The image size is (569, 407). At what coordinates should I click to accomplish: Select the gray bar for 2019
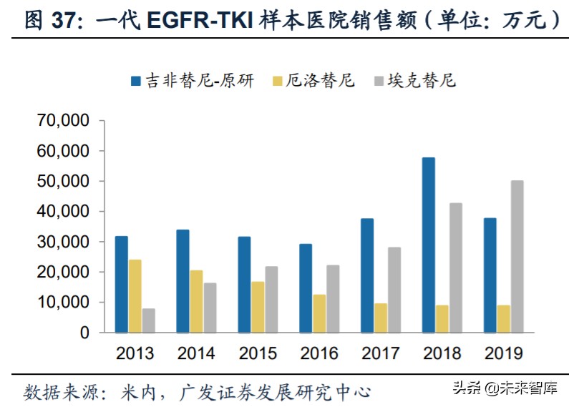[x=516, y=256]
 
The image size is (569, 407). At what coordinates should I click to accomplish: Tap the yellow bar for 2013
[x=135, y=296]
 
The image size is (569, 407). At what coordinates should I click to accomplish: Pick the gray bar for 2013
[x=148, y=320]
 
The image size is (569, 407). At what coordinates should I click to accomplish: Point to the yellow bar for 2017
[x=381, y=318]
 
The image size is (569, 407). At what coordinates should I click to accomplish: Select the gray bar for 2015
[x=271, y=300]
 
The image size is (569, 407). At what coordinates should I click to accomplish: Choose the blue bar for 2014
[x=183, y=281]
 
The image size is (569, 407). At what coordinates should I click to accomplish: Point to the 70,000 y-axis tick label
[x=63, y=121]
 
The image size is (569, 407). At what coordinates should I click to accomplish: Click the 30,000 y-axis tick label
[x=63, y=242]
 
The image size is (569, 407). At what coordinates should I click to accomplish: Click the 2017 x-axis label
[x=381, y=353]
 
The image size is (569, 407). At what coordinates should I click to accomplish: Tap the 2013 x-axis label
[x=135, y=353]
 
